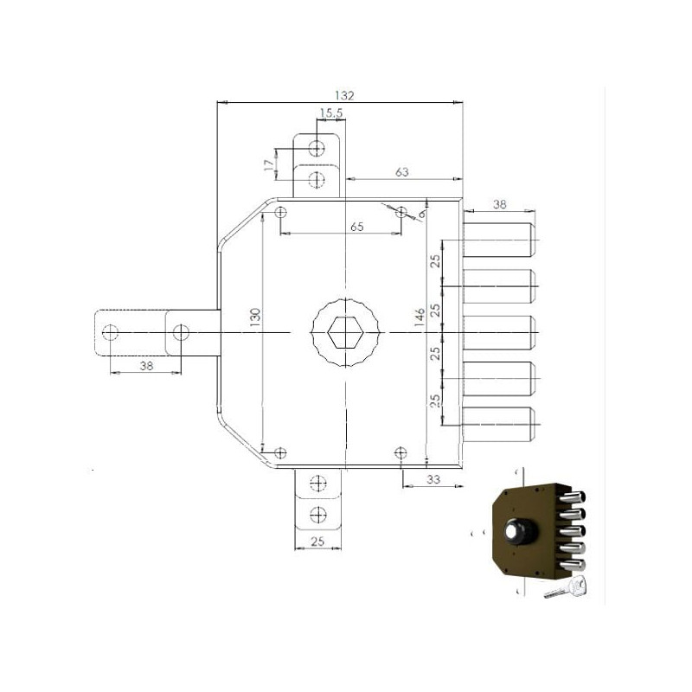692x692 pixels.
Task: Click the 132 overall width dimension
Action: [344, 95]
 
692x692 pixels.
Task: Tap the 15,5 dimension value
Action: [331, 113]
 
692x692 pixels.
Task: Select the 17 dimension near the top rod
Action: [269, 165]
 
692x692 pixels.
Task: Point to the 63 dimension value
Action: [401, 171]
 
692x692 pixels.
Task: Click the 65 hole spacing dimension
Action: [357, 227]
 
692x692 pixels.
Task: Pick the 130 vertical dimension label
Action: [255, 317]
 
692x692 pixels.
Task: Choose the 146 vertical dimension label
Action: [420, 317]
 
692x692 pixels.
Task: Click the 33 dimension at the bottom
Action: [433, 479]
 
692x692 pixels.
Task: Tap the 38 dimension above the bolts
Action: [500, 204]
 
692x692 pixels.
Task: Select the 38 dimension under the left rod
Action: [146, 365]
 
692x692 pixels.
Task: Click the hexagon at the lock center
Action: [345, 332]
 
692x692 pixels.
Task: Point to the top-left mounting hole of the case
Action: [280, 213]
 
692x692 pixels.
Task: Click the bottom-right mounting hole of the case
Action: [400, 452]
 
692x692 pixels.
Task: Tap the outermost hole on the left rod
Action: [111, 332]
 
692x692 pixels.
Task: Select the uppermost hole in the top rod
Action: [317, 148]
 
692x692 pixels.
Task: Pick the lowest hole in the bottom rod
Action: [317, 515]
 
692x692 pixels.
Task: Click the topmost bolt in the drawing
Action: [499, 240]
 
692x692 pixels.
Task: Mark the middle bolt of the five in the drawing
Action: [499, 333]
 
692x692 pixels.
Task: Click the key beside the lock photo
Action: [566, 588]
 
